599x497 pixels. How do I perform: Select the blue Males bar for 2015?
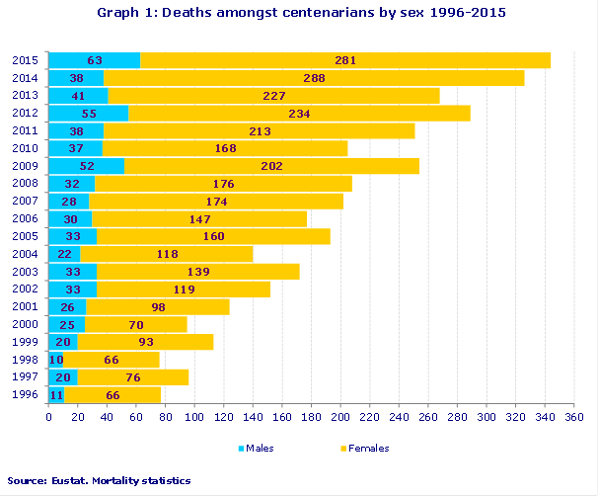[94, 60]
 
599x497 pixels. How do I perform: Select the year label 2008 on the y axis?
[25, 184]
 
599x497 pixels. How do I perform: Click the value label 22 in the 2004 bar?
[64, 254]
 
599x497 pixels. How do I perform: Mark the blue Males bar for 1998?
[55, 360]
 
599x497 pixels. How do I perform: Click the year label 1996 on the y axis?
[25, 395]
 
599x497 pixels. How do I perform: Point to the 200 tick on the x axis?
[340, 418]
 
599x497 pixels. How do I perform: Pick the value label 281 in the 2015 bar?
[345, 60]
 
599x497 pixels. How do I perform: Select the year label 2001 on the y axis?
[25, 306]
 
